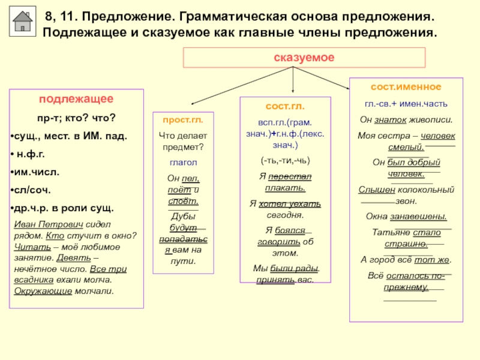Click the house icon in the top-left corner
23,22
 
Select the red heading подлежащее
77,99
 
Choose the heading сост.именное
406,87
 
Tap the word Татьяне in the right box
391,232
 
